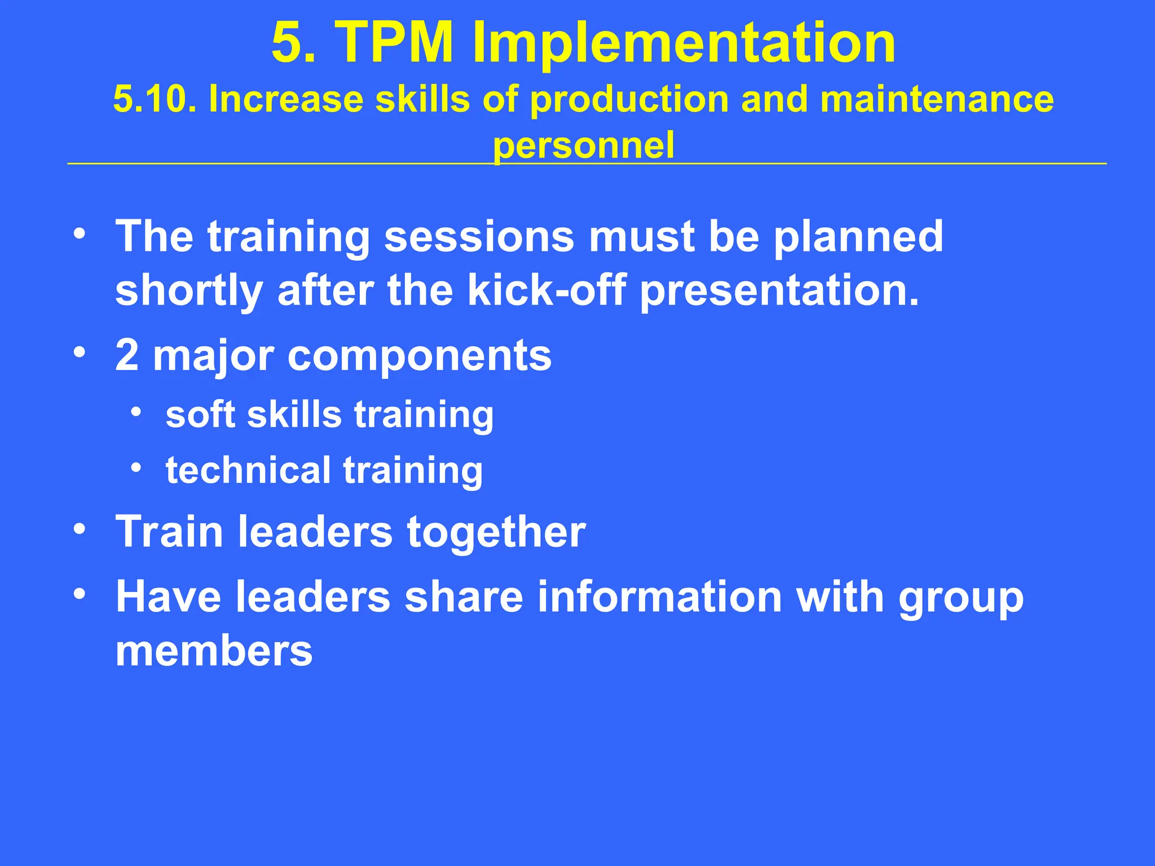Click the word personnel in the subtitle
584,145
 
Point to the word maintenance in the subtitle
937,99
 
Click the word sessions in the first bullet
479,237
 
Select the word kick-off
546,291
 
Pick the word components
420,357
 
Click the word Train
169,532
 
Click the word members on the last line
214,652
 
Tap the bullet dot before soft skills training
135,412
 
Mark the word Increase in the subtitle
285,99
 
